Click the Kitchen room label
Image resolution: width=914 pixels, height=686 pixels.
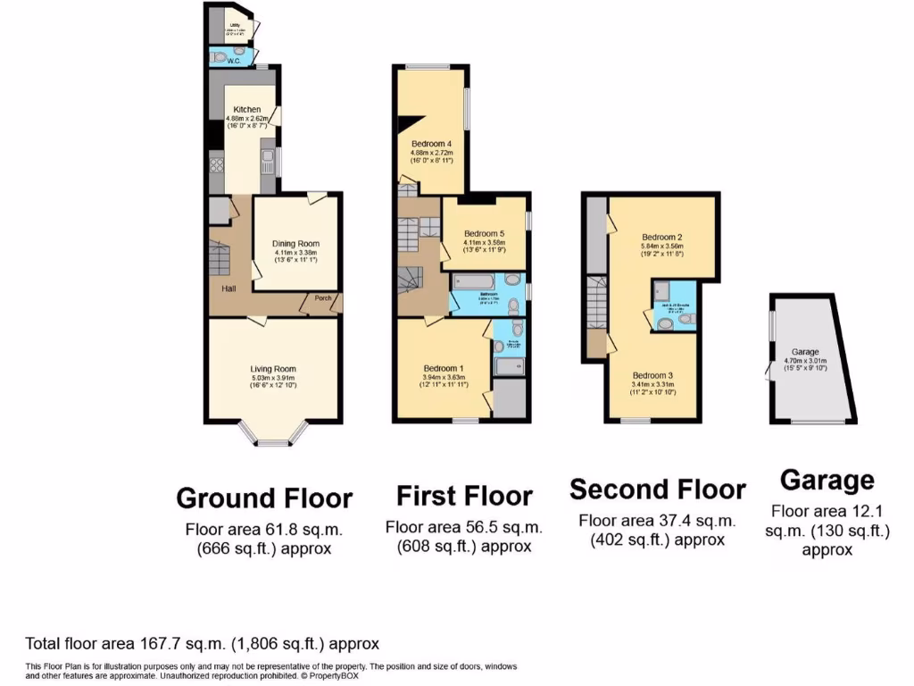pyautogui.click(x=247, y=110)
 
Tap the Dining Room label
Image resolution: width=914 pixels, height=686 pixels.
pyautogui.click(x=295, y=244)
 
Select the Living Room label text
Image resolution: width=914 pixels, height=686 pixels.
pyautogui.click(x=273, y=369)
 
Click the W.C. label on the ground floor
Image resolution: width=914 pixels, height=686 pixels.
pyautogui.click(x=234, y=62)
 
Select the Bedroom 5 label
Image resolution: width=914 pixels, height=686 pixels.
pyautogui.click(x=484, y=234)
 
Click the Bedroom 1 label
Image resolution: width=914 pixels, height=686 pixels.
pyautogui.click(x=444, y=368)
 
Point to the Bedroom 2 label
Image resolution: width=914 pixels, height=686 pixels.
pyautogui.click(x=661, y=237)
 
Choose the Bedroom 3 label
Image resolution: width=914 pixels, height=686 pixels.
pyautogui.click(x=653, y=375)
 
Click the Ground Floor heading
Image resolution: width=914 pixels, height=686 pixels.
pyautogui.click(x=264, y=498)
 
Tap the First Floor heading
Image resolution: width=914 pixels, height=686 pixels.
pyautogui.click(x=464, y=496)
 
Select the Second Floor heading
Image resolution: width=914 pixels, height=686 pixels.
pyautogui.click(x=657, y=489)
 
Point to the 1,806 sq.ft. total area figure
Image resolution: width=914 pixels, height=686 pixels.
pyautogui.click(x=283, y=643)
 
